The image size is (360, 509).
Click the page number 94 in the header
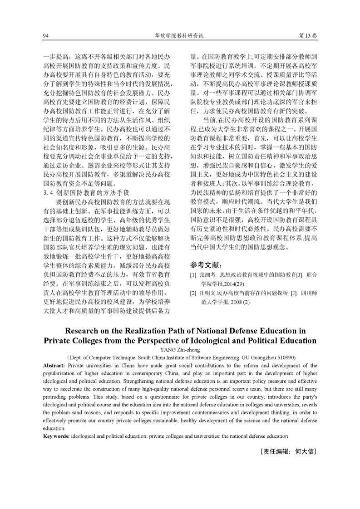click(45, 35)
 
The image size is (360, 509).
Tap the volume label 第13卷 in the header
click(308, 35)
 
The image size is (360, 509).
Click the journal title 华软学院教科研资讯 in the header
click(180, 35)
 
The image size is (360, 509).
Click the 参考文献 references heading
click(203, 264)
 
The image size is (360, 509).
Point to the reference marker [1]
click(193, 275)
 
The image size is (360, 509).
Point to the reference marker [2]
click(193, 293)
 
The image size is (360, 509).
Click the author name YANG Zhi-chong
click(179, 350)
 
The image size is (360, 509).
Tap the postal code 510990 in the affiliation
click(283, 357)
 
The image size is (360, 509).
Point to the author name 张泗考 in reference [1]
click(207, 275)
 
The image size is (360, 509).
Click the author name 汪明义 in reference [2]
click(207, 293)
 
